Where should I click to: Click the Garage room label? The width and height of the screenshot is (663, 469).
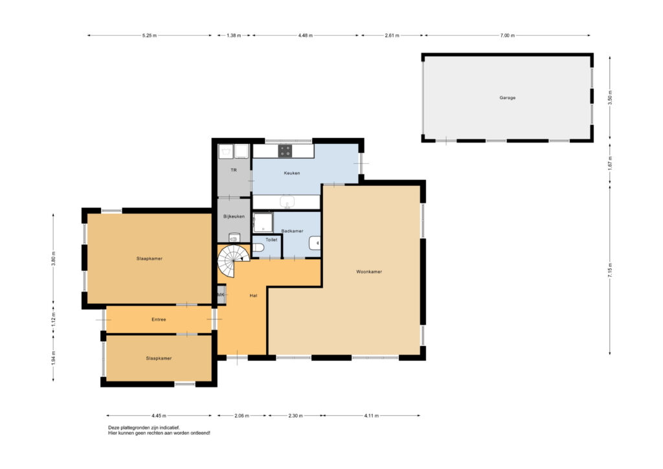(x=508, y=98)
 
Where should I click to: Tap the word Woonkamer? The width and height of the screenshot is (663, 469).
(x=368, y=272)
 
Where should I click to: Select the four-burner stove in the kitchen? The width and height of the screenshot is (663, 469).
(x=285, y=151)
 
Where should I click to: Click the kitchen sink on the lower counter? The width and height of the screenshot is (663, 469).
(x=287, y=201)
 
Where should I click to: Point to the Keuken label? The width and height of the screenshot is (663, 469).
(x=292, y=173)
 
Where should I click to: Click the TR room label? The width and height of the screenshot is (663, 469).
(x=233, y=170)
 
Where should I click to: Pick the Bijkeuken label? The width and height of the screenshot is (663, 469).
(x=234, y=216)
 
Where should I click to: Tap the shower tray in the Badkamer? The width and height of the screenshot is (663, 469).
(x=263, y=222)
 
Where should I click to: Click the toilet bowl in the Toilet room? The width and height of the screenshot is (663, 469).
(x=258, y=247)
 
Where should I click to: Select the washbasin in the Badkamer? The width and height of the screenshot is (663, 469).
(x=315, y=243)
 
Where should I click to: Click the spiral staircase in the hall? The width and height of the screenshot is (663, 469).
(x=233, y=261)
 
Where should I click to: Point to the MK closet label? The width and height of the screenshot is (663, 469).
(x=221, y=295)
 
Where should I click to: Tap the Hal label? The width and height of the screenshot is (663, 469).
(x=253, y=295)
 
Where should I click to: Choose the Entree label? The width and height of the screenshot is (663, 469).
(x=159, y=320)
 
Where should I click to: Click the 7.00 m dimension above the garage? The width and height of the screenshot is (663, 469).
(x=508, y=36)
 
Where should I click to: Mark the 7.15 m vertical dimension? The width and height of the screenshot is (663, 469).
(x=610, y=270)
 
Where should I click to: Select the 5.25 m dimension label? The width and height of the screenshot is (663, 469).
(x=150, y=36)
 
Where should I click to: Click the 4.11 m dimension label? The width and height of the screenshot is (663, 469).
(x=371, y=416)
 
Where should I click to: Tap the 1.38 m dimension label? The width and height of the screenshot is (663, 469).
(x=233, y=36)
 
